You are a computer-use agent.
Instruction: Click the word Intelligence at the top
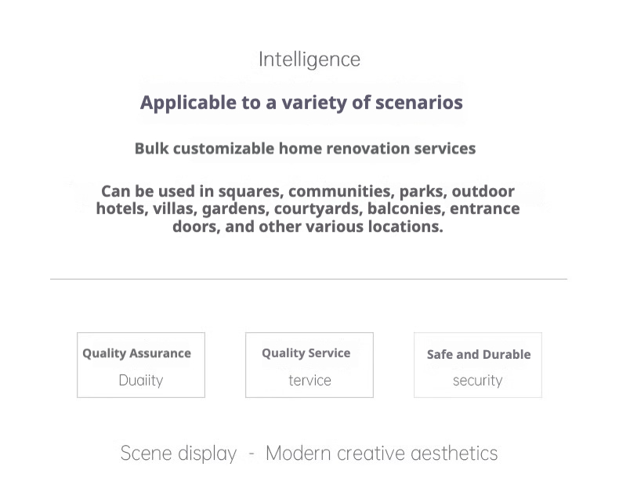tap(309, 60)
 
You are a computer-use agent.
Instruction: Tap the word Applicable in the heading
tap(188, 103)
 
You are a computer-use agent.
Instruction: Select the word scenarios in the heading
tap(419, 103)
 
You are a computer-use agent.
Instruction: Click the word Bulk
tap(151, 149)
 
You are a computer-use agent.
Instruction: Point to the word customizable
tap(224, 149)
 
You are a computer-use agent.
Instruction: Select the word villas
tap(175, 209)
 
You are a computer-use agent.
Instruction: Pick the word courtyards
tap(318, 209)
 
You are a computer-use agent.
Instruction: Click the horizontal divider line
tap(309, 279)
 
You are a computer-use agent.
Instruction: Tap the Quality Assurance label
tap(136, 353)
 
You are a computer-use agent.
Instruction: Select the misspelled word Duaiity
tap(141, 380)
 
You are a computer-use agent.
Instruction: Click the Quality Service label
tap(306, 353)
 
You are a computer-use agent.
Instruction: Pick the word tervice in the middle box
tap(310, 380)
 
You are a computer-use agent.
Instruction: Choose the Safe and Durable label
tap(479, 355)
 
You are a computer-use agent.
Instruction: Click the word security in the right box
tap(478, 381)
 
